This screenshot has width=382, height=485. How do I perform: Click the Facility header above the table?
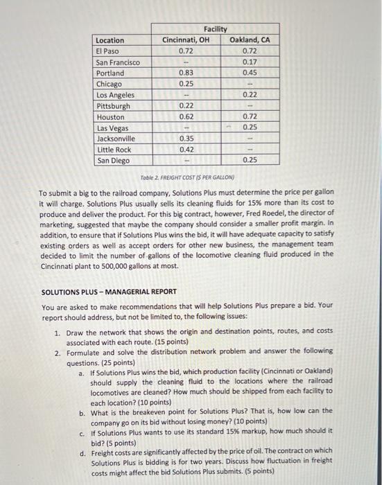(x=216, y=28)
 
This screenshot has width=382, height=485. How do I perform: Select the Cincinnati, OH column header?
(x=185, y=39)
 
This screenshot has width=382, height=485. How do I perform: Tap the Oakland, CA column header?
(x=250, y=39)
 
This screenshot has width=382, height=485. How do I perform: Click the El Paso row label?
(x=107, y=51)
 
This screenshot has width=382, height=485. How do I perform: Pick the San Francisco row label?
(x=117, y=62)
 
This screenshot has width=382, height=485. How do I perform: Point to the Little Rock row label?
(x=114, y=150)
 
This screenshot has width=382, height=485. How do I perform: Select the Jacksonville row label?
(x=115, y=139)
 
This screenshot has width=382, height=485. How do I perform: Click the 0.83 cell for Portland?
(x=185, y=73)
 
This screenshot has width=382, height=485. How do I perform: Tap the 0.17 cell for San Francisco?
(x=250, y=62)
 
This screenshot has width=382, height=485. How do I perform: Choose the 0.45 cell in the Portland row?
(x=250, y=73)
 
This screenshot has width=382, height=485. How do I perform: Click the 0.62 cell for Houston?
(x=185, y=117)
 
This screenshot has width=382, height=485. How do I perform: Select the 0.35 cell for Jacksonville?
(x=185, y=139)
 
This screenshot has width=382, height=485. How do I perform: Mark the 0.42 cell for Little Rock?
(x=185, y=150)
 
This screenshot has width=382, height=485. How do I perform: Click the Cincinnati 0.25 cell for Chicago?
(x=185, y=84)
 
